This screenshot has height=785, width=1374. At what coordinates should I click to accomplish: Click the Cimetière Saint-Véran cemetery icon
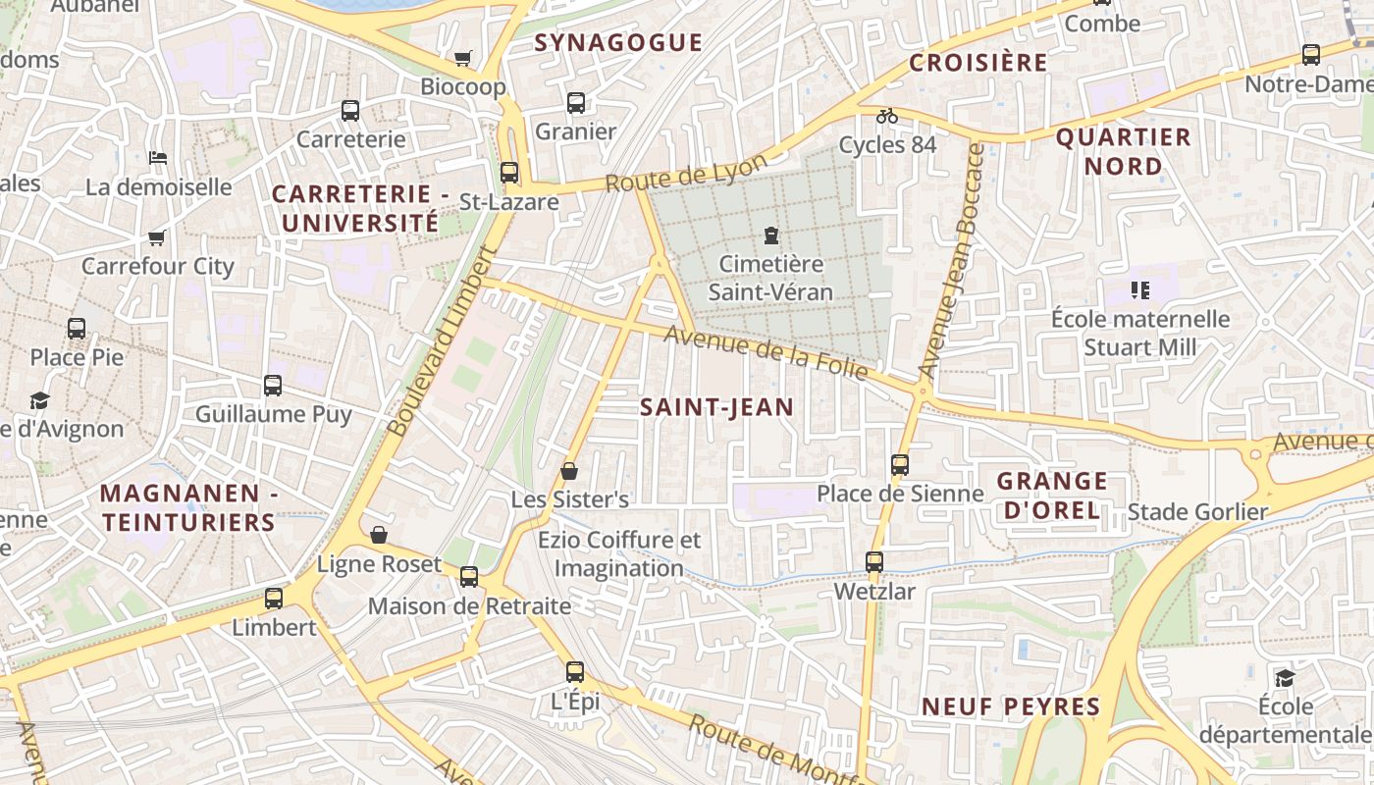pyautogui.click(x=771, y=235)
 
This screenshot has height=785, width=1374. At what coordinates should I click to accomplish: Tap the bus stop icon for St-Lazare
pyautogui.click(x=509, y=173)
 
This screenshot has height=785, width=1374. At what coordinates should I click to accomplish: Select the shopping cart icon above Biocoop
pyautogui.click(x=462, y=58)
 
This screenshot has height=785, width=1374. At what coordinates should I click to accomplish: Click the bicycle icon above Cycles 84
pyautogui.click(x=887, y=116)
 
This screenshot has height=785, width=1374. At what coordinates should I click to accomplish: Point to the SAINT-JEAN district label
pyautogui.click(x=716, y=407)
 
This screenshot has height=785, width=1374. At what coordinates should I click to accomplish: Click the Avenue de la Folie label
pyautogui.click(x=766, y=352)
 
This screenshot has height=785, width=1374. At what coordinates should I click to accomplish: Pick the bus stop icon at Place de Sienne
pyautogui.click(x=900, y=465)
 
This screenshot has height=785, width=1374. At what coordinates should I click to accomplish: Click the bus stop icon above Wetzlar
pyautogui.click(x=874, y=562)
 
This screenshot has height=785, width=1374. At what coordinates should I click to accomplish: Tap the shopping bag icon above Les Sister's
pyautogui.click(x=569, y=472)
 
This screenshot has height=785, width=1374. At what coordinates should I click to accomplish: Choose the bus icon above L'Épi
pyautogui.click(x=575, y=672)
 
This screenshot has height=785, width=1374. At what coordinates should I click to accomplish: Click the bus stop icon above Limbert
pyautogui.click(x=274, y=599)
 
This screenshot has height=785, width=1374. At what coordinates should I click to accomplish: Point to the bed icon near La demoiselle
pyautogui.click(x=158, y=157)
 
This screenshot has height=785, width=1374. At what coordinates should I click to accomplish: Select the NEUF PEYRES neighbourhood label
pyautogui.click(x=1011, y=706)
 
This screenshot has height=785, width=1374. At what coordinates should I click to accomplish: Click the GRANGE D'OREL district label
pyautogui.click(x=1052, y=496)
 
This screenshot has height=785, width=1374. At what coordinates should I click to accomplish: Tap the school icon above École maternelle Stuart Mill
pyautogui.click(x=1140, y=289)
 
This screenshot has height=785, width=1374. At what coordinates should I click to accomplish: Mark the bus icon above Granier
pyautogui.click(x=576, y=102)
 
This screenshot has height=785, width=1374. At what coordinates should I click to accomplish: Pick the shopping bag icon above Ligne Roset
pyautogui.click(x=379, y=535)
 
